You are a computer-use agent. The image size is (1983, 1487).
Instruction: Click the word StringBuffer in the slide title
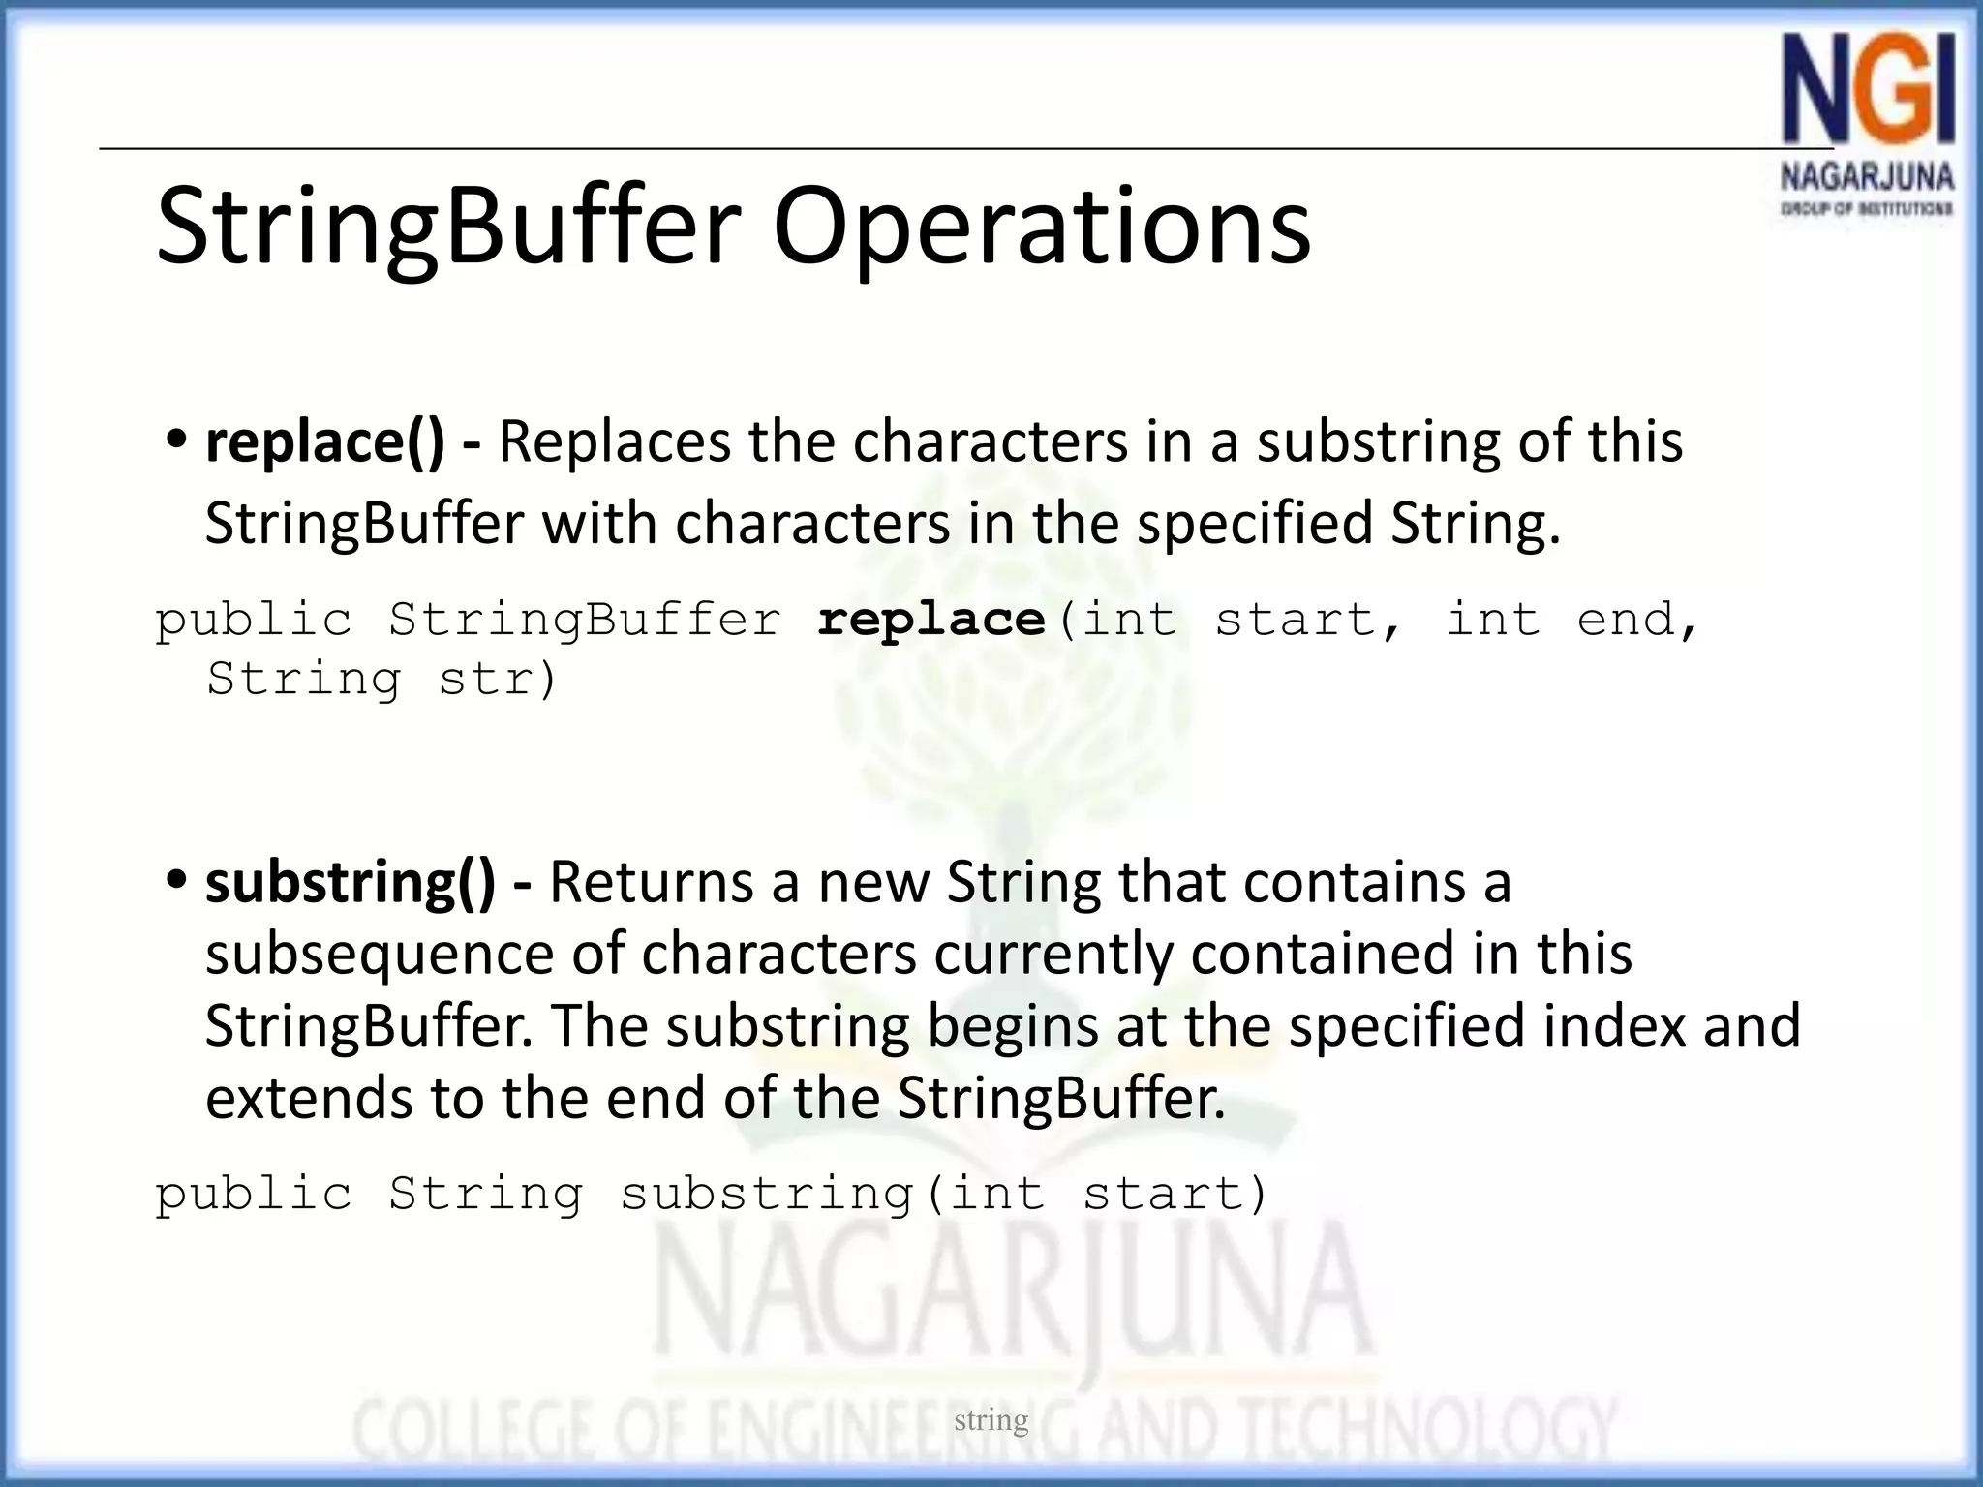coord(448,228)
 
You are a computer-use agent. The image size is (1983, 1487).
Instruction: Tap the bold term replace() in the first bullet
coord(325,441)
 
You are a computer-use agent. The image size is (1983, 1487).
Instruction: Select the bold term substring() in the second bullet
coord(351,882)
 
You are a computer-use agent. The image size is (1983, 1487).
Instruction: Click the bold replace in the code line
coord(931,620)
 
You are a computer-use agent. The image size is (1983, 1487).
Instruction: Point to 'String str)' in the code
coord(382,679)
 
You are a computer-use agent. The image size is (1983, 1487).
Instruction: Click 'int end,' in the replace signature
coord(1571,620)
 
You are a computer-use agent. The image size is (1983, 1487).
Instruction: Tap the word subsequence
coord(379,954)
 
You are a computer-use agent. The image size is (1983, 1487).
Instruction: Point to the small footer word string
coord(991,1420)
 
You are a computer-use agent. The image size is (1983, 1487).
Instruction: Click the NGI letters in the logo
coord(1868,102)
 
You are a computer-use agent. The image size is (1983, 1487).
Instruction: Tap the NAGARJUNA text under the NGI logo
coord(1867,178)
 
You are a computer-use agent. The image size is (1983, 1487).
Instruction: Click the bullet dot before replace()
coord(176,440)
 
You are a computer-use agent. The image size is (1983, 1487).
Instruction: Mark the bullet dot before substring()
coord(176,881)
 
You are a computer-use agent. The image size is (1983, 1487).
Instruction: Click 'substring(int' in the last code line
coord(833,1194)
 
